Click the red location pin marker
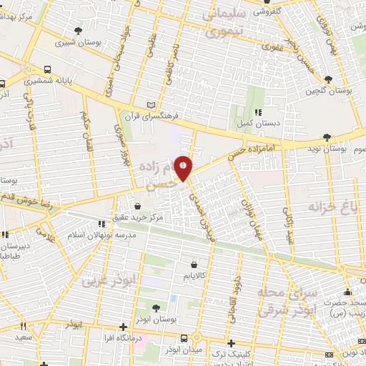click(184, 167)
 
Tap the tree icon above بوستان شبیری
click(77, 30)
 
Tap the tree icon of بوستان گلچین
click(328, 79)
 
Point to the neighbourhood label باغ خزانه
click(332, 207)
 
